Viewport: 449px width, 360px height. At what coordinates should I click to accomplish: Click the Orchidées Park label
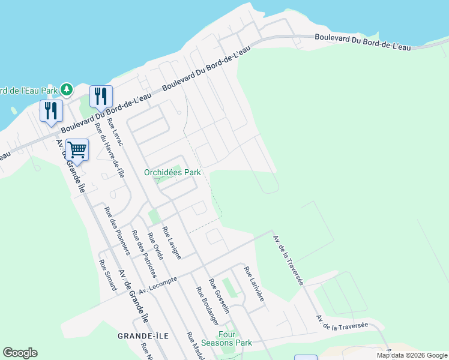172,172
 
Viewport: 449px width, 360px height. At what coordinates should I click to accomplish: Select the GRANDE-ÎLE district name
142,335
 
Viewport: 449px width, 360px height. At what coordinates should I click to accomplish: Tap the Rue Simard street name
107,274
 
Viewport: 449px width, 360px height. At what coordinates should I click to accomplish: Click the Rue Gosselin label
219,296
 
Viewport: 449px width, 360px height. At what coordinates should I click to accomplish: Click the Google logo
20,353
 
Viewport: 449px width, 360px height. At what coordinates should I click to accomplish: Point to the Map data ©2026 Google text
412,355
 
